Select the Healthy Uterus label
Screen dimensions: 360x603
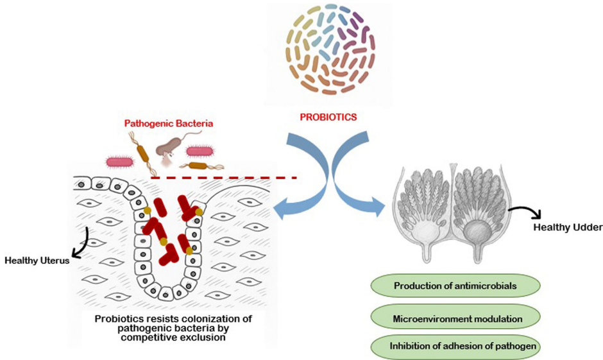36,261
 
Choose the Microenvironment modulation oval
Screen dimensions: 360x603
455,317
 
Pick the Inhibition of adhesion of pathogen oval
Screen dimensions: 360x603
455,347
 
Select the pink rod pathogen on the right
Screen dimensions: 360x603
201,151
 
